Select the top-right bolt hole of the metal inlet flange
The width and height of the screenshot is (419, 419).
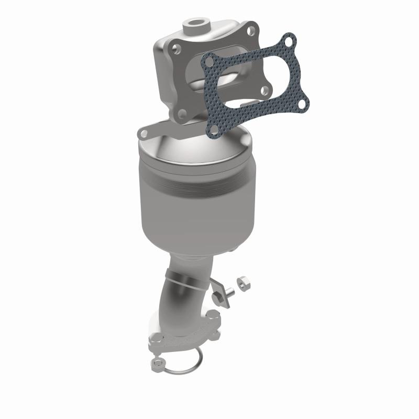point(250,29)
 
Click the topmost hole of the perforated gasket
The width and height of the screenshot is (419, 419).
point(287,39)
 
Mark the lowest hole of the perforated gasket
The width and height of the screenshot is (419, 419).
point(214,127)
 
